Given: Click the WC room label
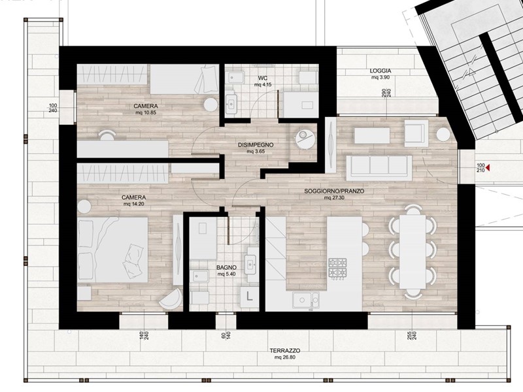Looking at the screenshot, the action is [x=263, y=78].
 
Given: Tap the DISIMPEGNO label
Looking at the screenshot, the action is [x=256, y=145].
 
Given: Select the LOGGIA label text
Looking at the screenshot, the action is [x=380, y=71].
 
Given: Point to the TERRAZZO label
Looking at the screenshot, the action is [x=285, y=351].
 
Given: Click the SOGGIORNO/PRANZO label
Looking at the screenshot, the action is [x=334, y=191].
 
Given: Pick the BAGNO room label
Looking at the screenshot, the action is [x=226, y=267].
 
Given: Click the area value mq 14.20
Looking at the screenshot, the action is [x=133, y=204].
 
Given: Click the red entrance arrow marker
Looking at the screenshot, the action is [x=488, y=168].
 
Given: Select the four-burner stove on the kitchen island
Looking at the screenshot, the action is [x=337, y=268].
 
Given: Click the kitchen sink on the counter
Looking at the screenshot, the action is [x=305, y=300].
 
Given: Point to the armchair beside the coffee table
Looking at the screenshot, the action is [x=416, y=134].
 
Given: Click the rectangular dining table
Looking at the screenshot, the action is [x=413, y=252].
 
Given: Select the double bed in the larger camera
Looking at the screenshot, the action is [x=112, y=250].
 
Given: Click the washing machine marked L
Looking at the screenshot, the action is [x=249, y=296].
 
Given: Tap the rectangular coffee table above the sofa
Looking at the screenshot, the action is [x=372, y=136].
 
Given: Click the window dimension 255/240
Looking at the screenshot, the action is [x=413, y=335].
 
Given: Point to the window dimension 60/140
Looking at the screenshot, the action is [x=226, y=335].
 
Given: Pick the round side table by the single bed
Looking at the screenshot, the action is [x=211, y=105].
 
